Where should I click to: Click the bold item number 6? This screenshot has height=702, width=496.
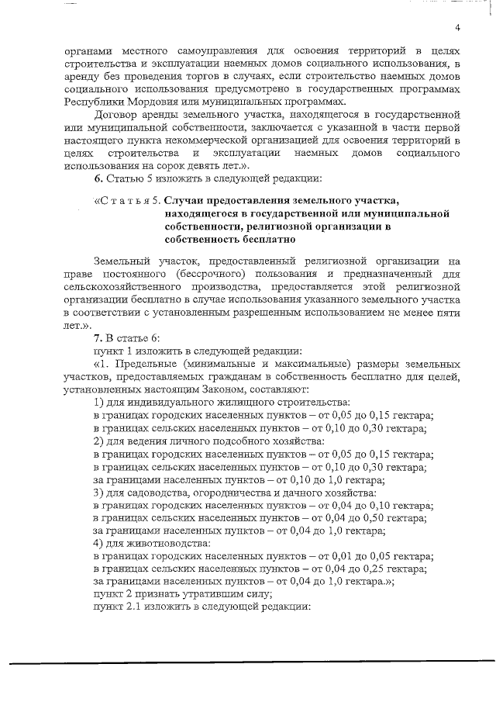coord(98,180)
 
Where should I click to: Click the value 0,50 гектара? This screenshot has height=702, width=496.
coord(394,517)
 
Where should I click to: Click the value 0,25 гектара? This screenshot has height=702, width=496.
coord(394,569)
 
